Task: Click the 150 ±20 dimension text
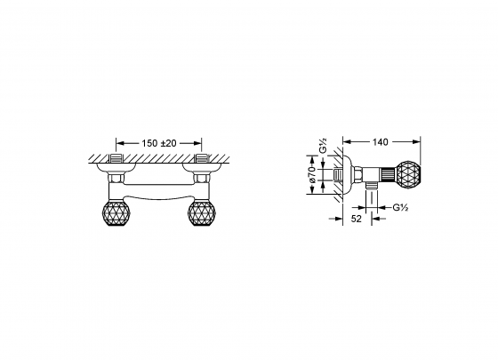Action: pyautogui.click(x=159, y=142)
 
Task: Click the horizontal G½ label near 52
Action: pyautogui.click(x=401, y=207)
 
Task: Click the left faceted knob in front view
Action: pyautogui.click(x=116, y=215)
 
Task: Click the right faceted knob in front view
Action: pyautogui.click(x=202, y=215)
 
